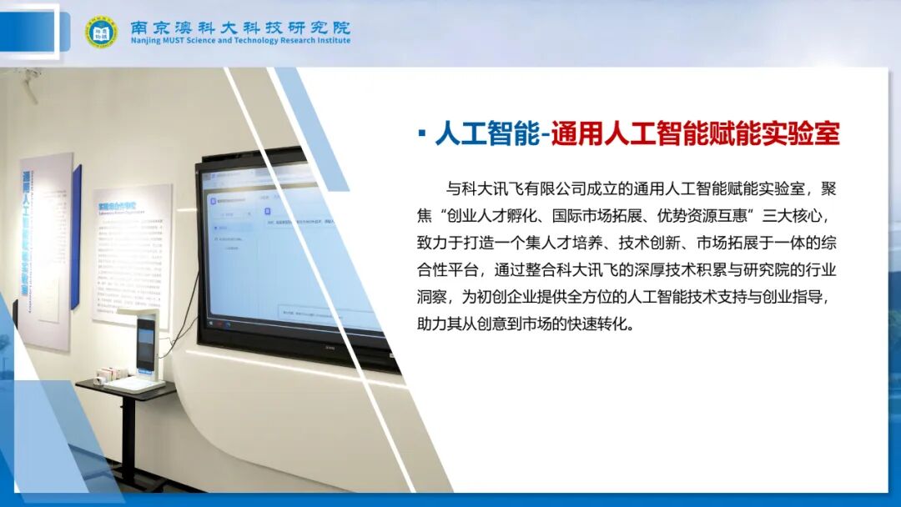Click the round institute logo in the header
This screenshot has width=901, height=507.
point(101,32)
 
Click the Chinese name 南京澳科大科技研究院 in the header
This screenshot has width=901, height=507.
point(240,27)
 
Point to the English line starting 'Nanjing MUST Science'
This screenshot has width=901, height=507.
point(240,41)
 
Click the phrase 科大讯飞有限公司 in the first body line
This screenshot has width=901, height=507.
point(542,188)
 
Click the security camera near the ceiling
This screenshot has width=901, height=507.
point(30,83)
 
